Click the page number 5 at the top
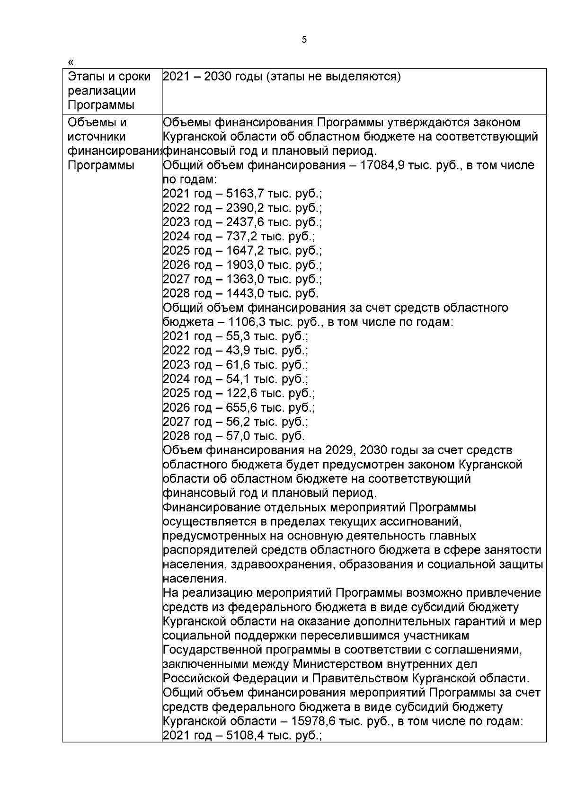pos(304,40)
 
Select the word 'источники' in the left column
pos(97,137)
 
